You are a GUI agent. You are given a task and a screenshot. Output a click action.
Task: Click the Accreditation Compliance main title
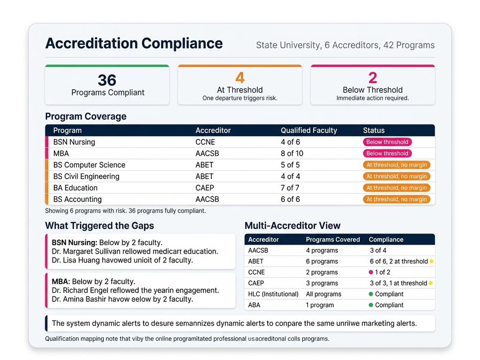134,44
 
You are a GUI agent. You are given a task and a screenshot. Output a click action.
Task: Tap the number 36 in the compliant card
107,80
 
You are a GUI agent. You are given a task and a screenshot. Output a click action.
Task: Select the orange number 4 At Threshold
240,78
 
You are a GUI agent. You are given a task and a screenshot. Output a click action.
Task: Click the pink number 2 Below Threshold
373,78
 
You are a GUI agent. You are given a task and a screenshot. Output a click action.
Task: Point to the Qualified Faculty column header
308,130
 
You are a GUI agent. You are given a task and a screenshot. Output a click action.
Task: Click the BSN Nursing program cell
74,142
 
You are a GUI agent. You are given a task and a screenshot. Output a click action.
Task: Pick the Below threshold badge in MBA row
387,153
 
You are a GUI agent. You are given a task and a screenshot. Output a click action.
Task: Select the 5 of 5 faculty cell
290,165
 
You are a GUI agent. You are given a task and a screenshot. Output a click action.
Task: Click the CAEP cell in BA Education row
204,188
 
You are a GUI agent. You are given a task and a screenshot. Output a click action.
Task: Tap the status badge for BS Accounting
396,199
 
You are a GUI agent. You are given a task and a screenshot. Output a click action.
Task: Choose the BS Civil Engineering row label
86,176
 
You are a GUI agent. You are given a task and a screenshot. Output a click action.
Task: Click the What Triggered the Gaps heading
99,225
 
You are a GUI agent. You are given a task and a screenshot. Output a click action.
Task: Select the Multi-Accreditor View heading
292,225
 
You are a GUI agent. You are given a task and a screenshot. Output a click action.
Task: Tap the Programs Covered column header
333,240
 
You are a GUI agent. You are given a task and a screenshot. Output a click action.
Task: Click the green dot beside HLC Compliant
371,294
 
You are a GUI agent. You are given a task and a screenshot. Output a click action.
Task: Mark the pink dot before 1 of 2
371,272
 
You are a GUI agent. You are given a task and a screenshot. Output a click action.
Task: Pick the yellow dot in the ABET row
431,262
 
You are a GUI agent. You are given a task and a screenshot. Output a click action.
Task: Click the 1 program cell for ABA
320,305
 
